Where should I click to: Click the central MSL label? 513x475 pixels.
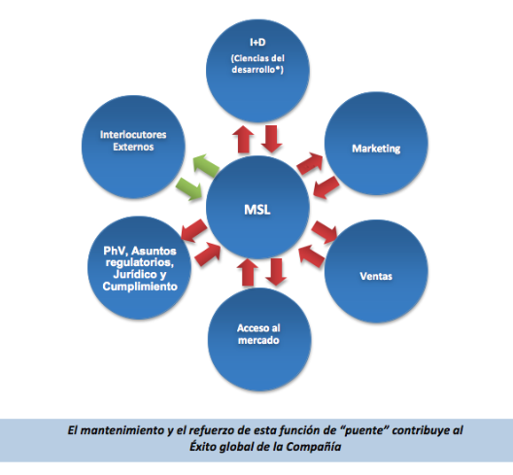pyautogui.click(x=257, y=210)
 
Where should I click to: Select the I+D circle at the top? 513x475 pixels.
pyautogui.click(x=257, y=71)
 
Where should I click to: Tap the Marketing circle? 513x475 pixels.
pyautogui.click(x=376, y=144)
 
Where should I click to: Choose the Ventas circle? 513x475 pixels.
pyautogui.click(x=376, y=272)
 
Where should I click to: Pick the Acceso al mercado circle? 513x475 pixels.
pyautogui.click(x=259, y=340)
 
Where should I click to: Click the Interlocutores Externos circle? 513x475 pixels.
pyautogui.click(x=133, y=147)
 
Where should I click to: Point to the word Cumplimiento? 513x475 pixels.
pyautogui.click(x=140, y=287)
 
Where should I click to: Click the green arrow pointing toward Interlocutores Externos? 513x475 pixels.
pyautogui.click(x=206, y=163)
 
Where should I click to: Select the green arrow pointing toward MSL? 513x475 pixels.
pyautogui.click(x=189, y=189)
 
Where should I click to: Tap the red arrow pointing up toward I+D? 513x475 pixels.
pyautogui.click(x=244, y=139)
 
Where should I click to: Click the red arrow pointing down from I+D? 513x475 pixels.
pyautogui.click(x=271, y=139)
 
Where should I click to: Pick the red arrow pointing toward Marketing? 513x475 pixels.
pyautogui.click(x=310, y=162)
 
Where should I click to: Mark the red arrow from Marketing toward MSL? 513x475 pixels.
pyautogui.click(x=325, y=187)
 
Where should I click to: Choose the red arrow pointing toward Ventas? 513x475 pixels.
pyautogui.click(x=325, y=232)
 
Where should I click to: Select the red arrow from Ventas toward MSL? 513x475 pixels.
pyautogui.click(x=312, y=256)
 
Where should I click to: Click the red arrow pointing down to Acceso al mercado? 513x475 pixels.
pyautogui.click(x=276, y=272)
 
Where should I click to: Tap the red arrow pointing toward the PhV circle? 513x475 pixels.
pyautogui.click(x=193, y=230)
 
